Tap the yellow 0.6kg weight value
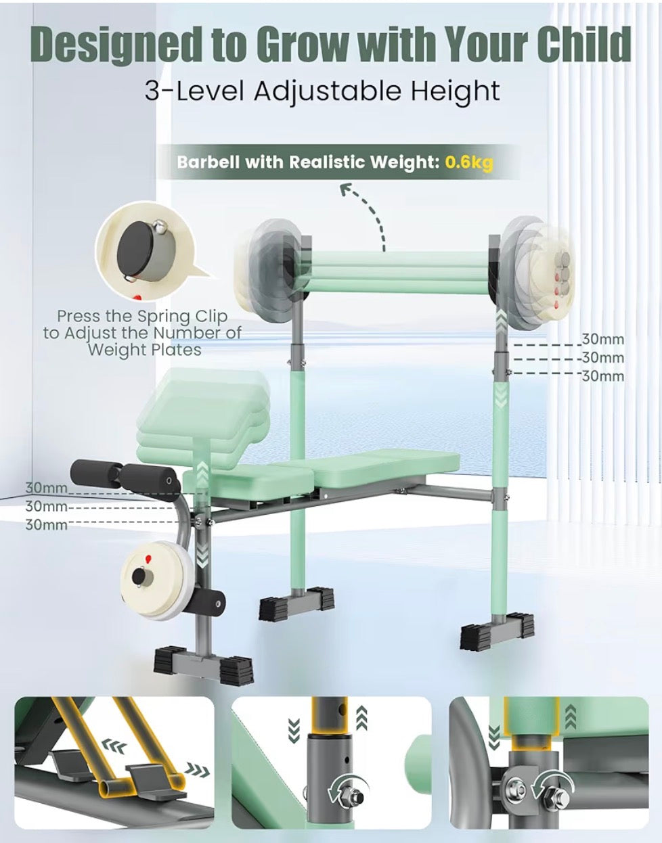coord(469,162)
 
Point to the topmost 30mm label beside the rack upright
coord(602,339)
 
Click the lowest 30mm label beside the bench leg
coord(46,524)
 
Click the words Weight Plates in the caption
coord(144,350)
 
